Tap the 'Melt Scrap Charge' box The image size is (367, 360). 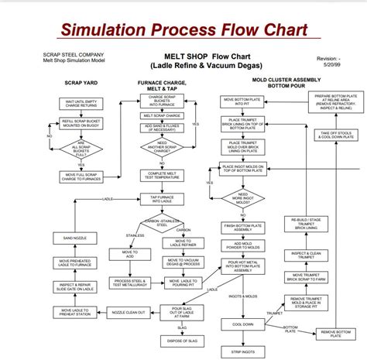163,115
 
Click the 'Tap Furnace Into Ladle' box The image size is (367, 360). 163,198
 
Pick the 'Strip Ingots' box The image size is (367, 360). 242,351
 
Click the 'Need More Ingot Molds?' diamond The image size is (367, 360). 242,197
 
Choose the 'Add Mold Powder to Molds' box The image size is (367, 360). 242,245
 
